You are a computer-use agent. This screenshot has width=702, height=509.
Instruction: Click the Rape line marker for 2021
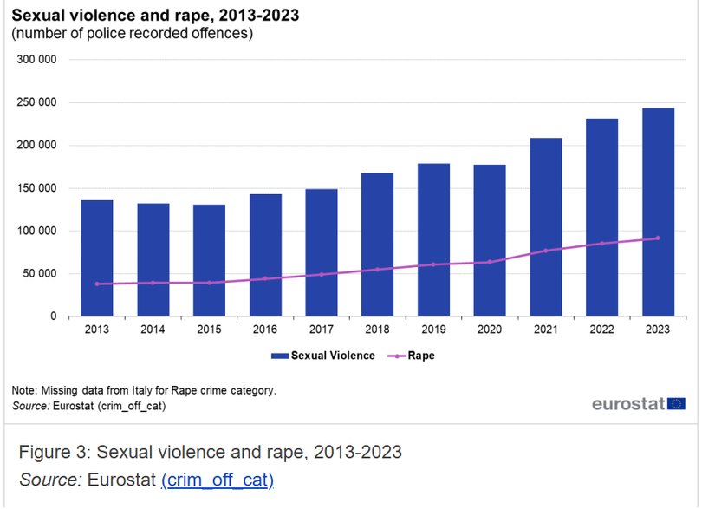click(x=546, y=251)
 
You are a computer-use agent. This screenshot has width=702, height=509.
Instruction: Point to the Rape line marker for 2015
click(x=209, y=283)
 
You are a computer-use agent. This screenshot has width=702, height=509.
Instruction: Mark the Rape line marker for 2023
click(x=658, y=238)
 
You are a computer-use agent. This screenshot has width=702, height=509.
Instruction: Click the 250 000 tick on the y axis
click(x=37, y=103)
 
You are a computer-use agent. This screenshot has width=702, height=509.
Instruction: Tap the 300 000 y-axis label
click(x=37, y=60)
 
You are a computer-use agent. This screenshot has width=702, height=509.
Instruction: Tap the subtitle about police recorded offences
click(x=132, y=34)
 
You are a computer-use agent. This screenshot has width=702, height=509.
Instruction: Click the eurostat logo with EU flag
click(x=638, y=403)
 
